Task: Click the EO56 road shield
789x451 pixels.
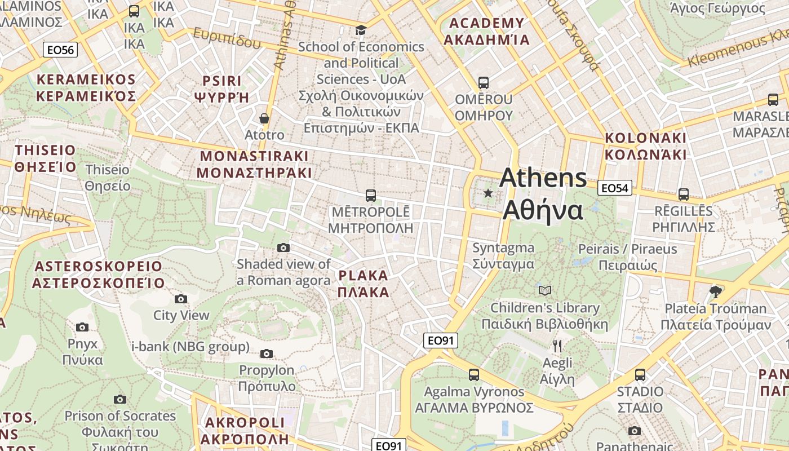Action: [60, 50]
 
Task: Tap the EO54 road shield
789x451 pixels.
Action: [614, 188]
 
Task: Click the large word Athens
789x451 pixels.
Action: [543, 178]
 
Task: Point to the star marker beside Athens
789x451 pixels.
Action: [488, 193]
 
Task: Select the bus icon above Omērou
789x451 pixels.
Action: [483, 83]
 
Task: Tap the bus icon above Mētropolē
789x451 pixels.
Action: [370, 196]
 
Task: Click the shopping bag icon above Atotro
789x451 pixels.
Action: [264, 118]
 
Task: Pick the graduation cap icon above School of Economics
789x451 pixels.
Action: [361, 30]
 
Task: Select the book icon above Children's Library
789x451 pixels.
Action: [544, 290]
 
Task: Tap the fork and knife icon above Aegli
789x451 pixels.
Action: [557, 346]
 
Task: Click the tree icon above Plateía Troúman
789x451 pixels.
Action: [716, 291]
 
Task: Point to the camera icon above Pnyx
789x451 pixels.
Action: [82, 327]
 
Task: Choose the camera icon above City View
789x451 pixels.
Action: [181, 299]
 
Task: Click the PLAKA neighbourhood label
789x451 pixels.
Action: [363, 284]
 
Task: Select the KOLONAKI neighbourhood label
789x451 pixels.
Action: [645, 146]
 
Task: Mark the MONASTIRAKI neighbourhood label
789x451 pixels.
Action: [255, 164]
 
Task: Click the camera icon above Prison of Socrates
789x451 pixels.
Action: [120, 399]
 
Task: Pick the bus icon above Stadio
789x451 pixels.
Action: [640, 374]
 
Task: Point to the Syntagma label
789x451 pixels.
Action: [503, 255]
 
